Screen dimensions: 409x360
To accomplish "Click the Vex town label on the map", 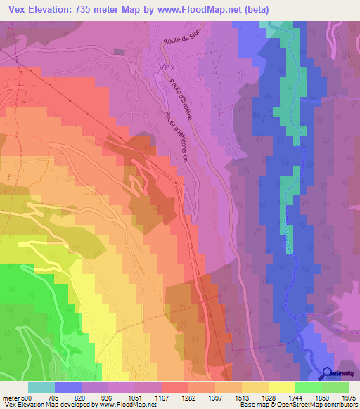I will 167,67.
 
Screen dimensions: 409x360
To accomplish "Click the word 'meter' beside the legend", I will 11,397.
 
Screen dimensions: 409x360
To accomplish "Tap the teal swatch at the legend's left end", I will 41,387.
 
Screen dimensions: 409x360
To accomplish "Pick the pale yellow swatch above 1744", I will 282,387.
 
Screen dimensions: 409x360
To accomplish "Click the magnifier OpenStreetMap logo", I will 328,374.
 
